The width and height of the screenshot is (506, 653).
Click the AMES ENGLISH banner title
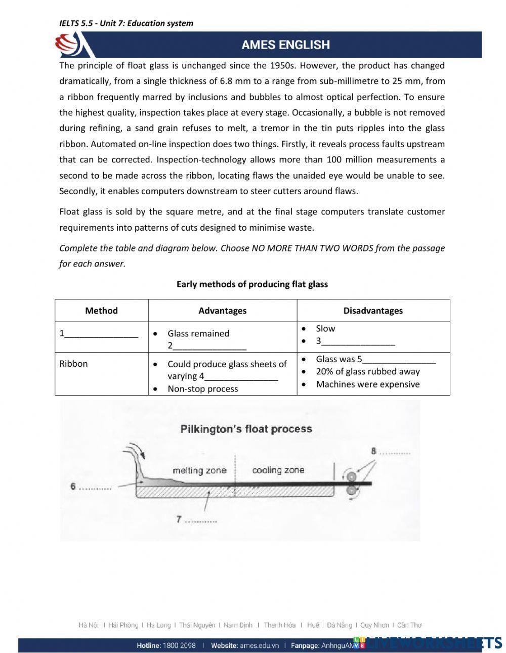coord(285,45)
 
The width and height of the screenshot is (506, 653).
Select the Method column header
coord(101,311)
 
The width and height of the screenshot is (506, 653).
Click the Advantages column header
coord(222,311)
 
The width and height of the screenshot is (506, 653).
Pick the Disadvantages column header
coord(373,311)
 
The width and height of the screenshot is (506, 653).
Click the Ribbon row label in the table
coord(73,364)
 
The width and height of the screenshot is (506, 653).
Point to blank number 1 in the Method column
coord(99,334)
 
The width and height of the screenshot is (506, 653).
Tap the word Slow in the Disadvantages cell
coord(325,329)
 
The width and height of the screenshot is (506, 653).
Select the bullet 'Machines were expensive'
coord(367,384)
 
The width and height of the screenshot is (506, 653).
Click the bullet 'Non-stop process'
coord(202,389)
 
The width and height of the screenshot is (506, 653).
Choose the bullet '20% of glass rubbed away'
coord(367,372)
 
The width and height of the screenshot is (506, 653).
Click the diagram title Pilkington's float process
coord(246,429)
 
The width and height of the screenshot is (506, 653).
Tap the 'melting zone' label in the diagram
coord(199,471)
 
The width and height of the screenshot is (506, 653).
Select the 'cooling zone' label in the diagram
coord(278,470)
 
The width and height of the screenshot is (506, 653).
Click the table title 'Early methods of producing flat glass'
coord(252,284)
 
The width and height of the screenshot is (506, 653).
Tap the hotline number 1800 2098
coord(180,646)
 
